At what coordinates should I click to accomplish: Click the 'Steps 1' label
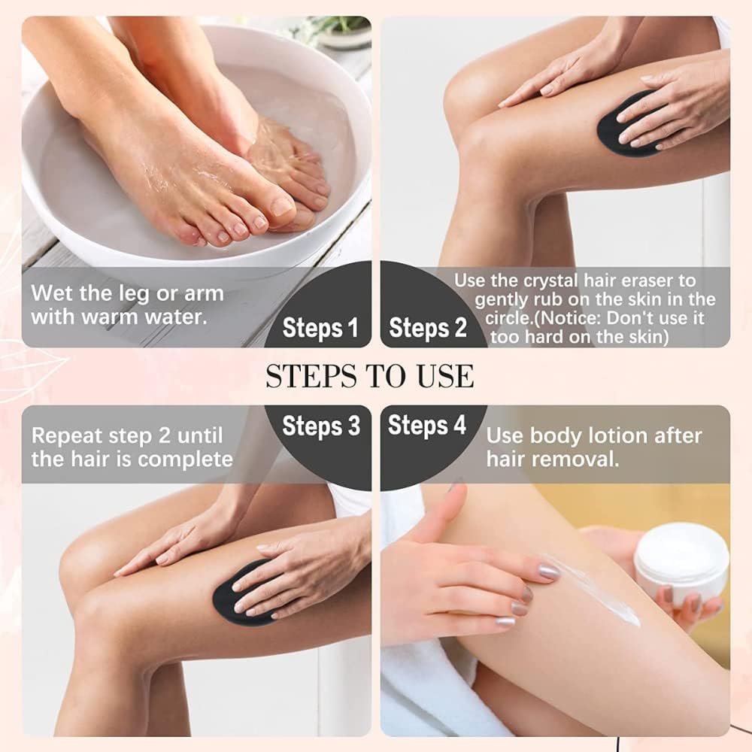click(x=320, y=328)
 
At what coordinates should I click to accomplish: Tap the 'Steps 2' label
click(x=428, y=328)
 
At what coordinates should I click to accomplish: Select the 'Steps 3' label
click(x=321, y=426)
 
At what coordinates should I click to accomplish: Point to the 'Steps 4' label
click(x=427, y=425)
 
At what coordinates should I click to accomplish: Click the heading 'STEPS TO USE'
click(x=370, y=376)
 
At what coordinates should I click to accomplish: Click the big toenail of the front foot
click(x=282, y=206)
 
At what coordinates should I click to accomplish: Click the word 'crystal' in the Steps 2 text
click(x=551, y=280)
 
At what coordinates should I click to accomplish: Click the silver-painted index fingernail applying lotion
click(x=549, y=571)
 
